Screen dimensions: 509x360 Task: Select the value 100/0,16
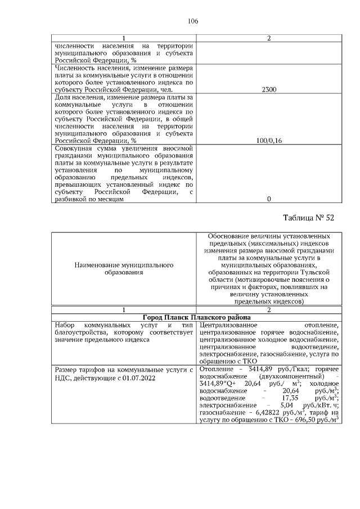coord(268,140)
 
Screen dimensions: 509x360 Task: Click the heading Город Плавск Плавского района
coord(196,317)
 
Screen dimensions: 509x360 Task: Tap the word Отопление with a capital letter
coord(217,369)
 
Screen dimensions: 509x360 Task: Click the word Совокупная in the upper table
coord(68,147)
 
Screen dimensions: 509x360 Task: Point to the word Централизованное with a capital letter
coord(227,325)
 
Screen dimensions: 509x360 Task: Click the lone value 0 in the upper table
coord(268,199)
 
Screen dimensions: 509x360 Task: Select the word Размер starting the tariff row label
coord(67,369)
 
